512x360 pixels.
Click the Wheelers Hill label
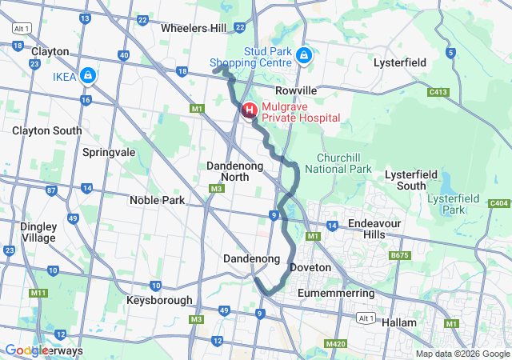(194, 28)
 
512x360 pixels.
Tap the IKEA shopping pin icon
(88, 76)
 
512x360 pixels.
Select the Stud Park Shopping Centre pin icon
(303, 55)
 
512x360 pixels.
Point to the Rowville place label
(296, 90)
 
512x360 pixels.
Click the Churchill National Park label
(344, 163)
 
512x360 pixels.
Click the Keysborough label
(159, 301)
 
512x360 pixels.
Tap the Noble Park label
(162, 200)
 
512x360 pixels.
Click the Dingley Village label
(38, 232)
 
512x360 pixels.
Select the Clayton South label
(46, 130)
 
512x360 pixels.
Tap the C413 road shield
(438, 92)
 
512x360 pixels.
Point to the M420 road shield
(337, 344)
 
